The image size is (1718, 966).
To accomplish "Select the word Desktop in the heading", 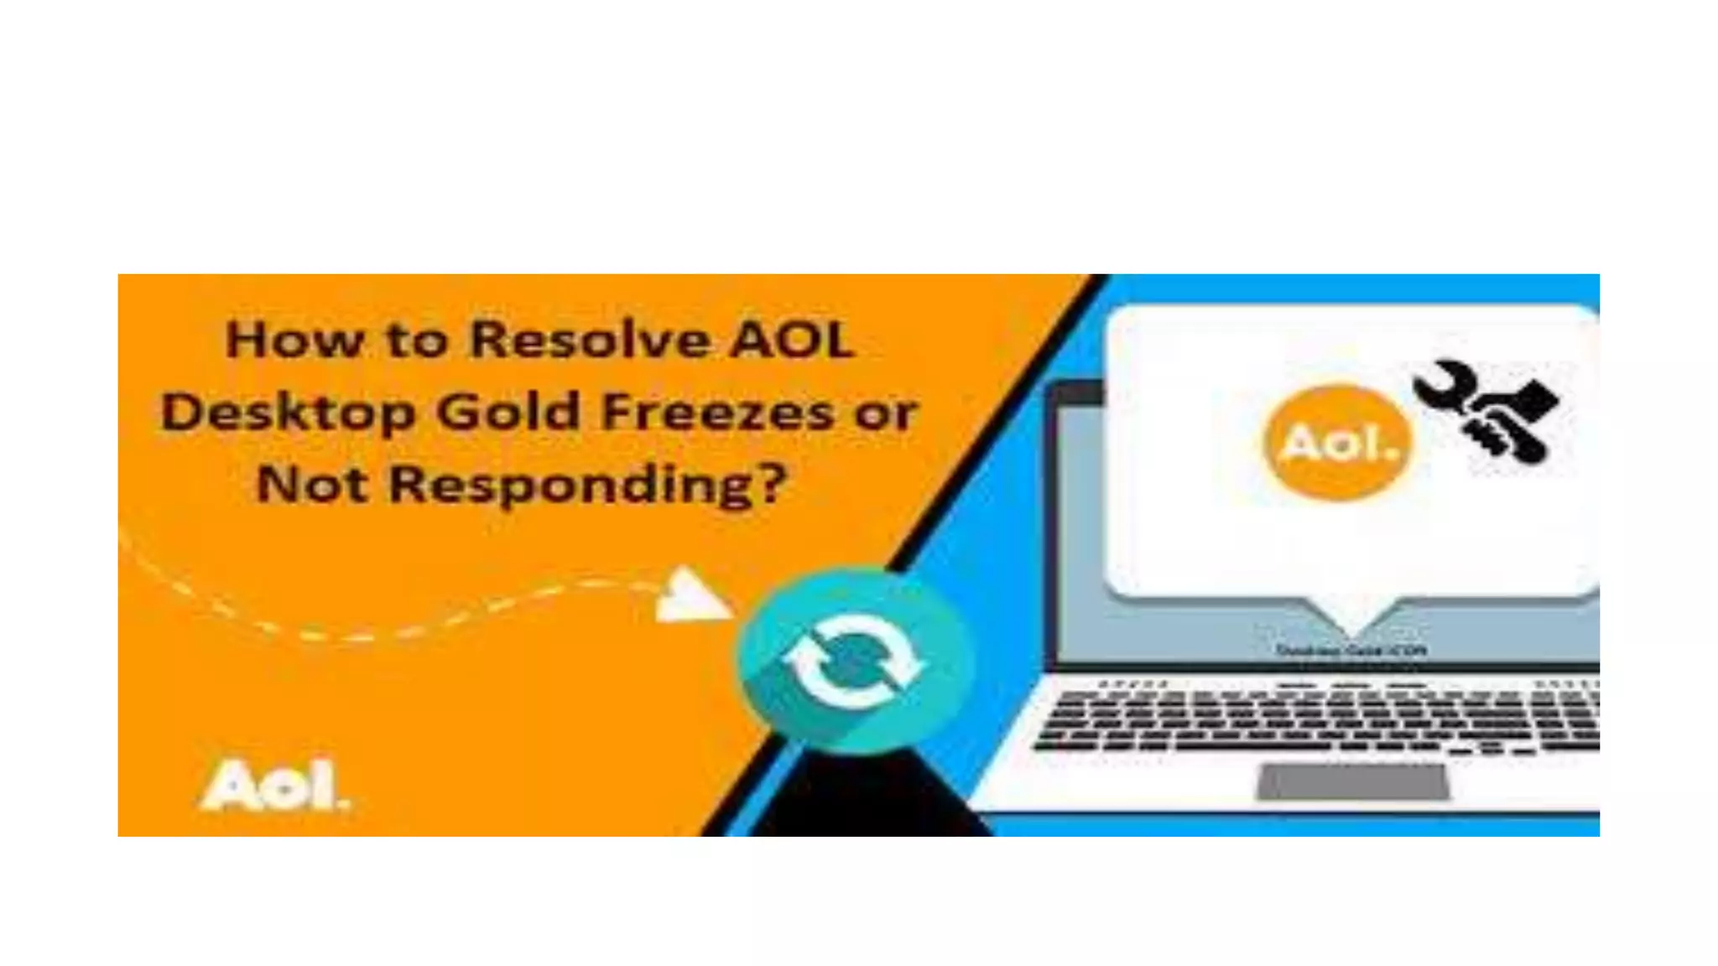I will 288,413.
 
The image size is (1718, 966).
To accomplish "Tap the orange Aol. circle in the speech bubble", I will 1338,443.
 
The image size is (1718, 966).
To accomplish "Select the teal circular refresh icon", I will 854,661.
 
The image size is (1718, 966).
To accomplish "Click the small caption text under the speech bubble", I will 1351,650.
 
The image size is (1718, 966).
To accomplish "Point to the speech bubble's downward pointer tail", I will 1351,617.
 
